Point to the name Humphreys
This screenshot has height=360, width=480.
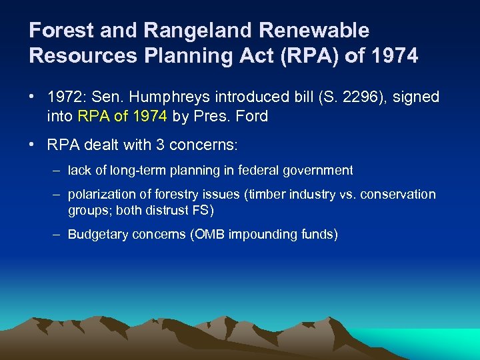coord(171,97)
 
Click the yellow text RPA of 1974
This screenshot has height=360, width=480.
coord(122,117)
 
